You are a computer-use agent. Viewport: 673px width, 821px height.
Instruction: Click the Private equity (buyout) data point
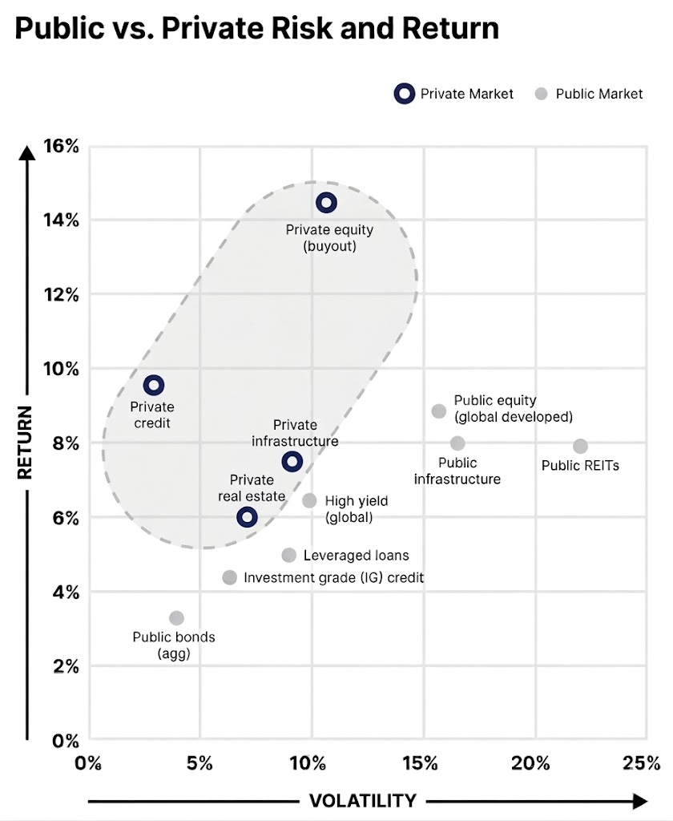(x=325, y=203)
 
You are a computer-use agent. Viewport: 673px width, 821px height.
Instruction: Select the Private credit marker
(x=153, y=386)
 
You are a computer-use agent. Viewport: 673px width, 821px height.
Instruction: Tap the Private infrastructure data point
(x=292, y=461)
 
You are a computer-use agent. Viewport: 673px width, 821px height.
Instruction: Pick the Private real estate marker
(x=247, y=517)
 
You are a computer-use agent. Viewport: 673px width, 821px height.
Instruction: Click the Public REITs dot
(x=580, y=446)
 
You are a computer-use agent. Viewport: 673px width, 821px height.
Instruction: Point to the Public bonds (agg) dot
(x=176, y=618)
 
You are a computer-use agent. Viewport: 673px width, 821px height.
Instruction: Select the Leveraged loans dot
(x=289, y=555)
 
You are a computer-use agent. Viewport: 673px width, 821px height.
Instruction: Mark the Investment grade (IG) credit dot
(x=229, y=577)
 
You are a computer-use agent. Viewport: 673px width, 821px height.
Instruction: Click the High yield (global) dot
(x=309, y=500)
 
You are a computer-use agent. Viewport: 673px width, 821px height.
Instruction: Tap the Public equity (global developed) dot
(x=439, y=411)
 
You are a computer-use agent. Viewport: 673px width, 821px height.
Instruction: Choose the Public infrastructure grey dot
(x=457, y=443)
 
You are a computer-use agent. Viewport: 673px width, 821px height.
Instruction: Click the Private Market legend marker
(x=405, y=94)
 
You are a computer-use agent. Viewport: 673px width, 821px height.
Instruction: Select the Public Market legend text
(x=598, y=94)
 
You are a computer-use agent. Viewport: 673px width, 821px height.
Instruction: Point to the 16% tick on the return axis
(x=61, y=147)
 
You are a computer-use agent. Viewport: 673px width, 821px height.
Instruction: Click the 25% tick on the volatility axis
(x=643, y=762)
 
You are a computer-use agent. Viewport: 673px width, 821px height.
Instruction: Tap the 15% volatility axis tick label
(x=421, y=762)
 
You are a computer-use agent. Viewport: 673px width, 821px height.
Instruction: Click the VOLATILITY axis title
(x=362, y=801)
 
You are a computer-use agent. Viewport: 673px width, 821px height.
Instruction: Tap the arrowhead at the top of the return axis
(x=28, y=152)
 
